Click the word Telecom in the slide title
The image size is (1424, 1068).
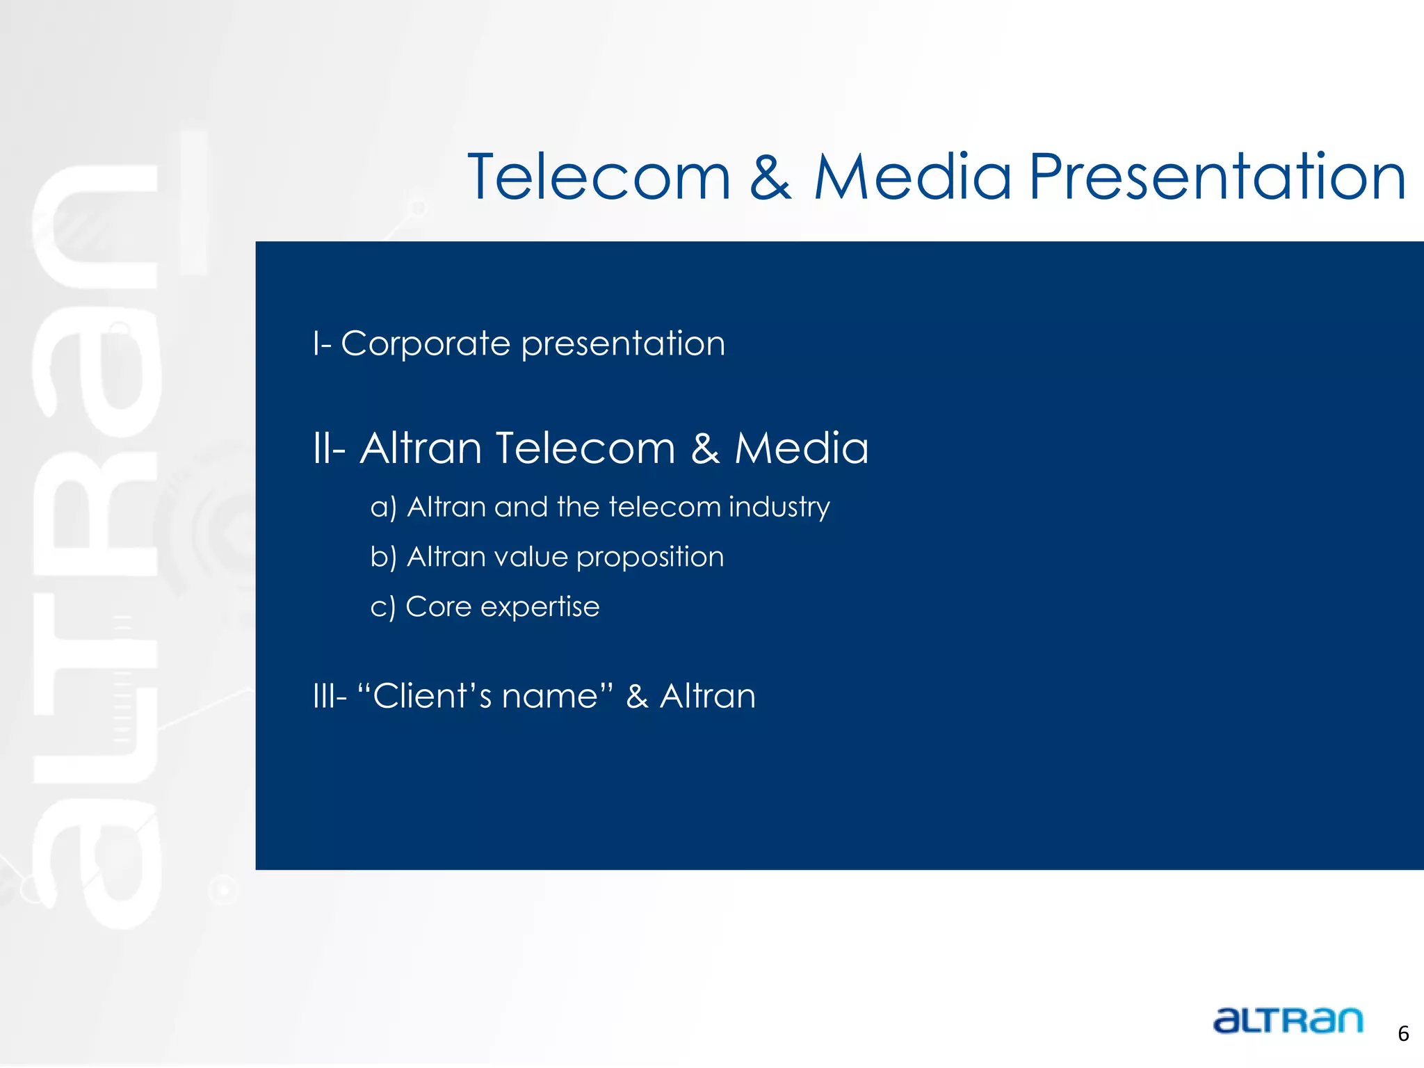pos(599,177)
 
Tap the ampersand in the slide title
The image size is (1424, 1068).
pos(770,179)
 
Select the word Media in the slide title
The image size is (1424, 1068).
pos(912,177)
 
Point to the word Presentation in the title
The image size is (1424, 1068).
pos(1217,179)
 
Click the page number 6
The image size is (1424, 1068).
pos(1403,1034)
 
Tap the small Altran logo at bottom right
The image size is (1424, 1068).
pos(1288,1021)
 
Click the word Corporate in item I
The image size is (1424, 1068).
pos(426,343)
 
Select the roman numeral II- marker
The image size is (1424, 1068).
pos(329,448)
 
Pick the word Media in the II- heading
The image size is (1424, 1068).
pos(801,448)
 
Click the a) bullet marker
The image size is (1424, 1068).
pos(383,508)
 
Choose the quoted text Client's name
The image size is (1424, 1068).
pos(485,696)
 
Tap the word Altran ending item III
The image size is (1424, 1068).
pos(707,696)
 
